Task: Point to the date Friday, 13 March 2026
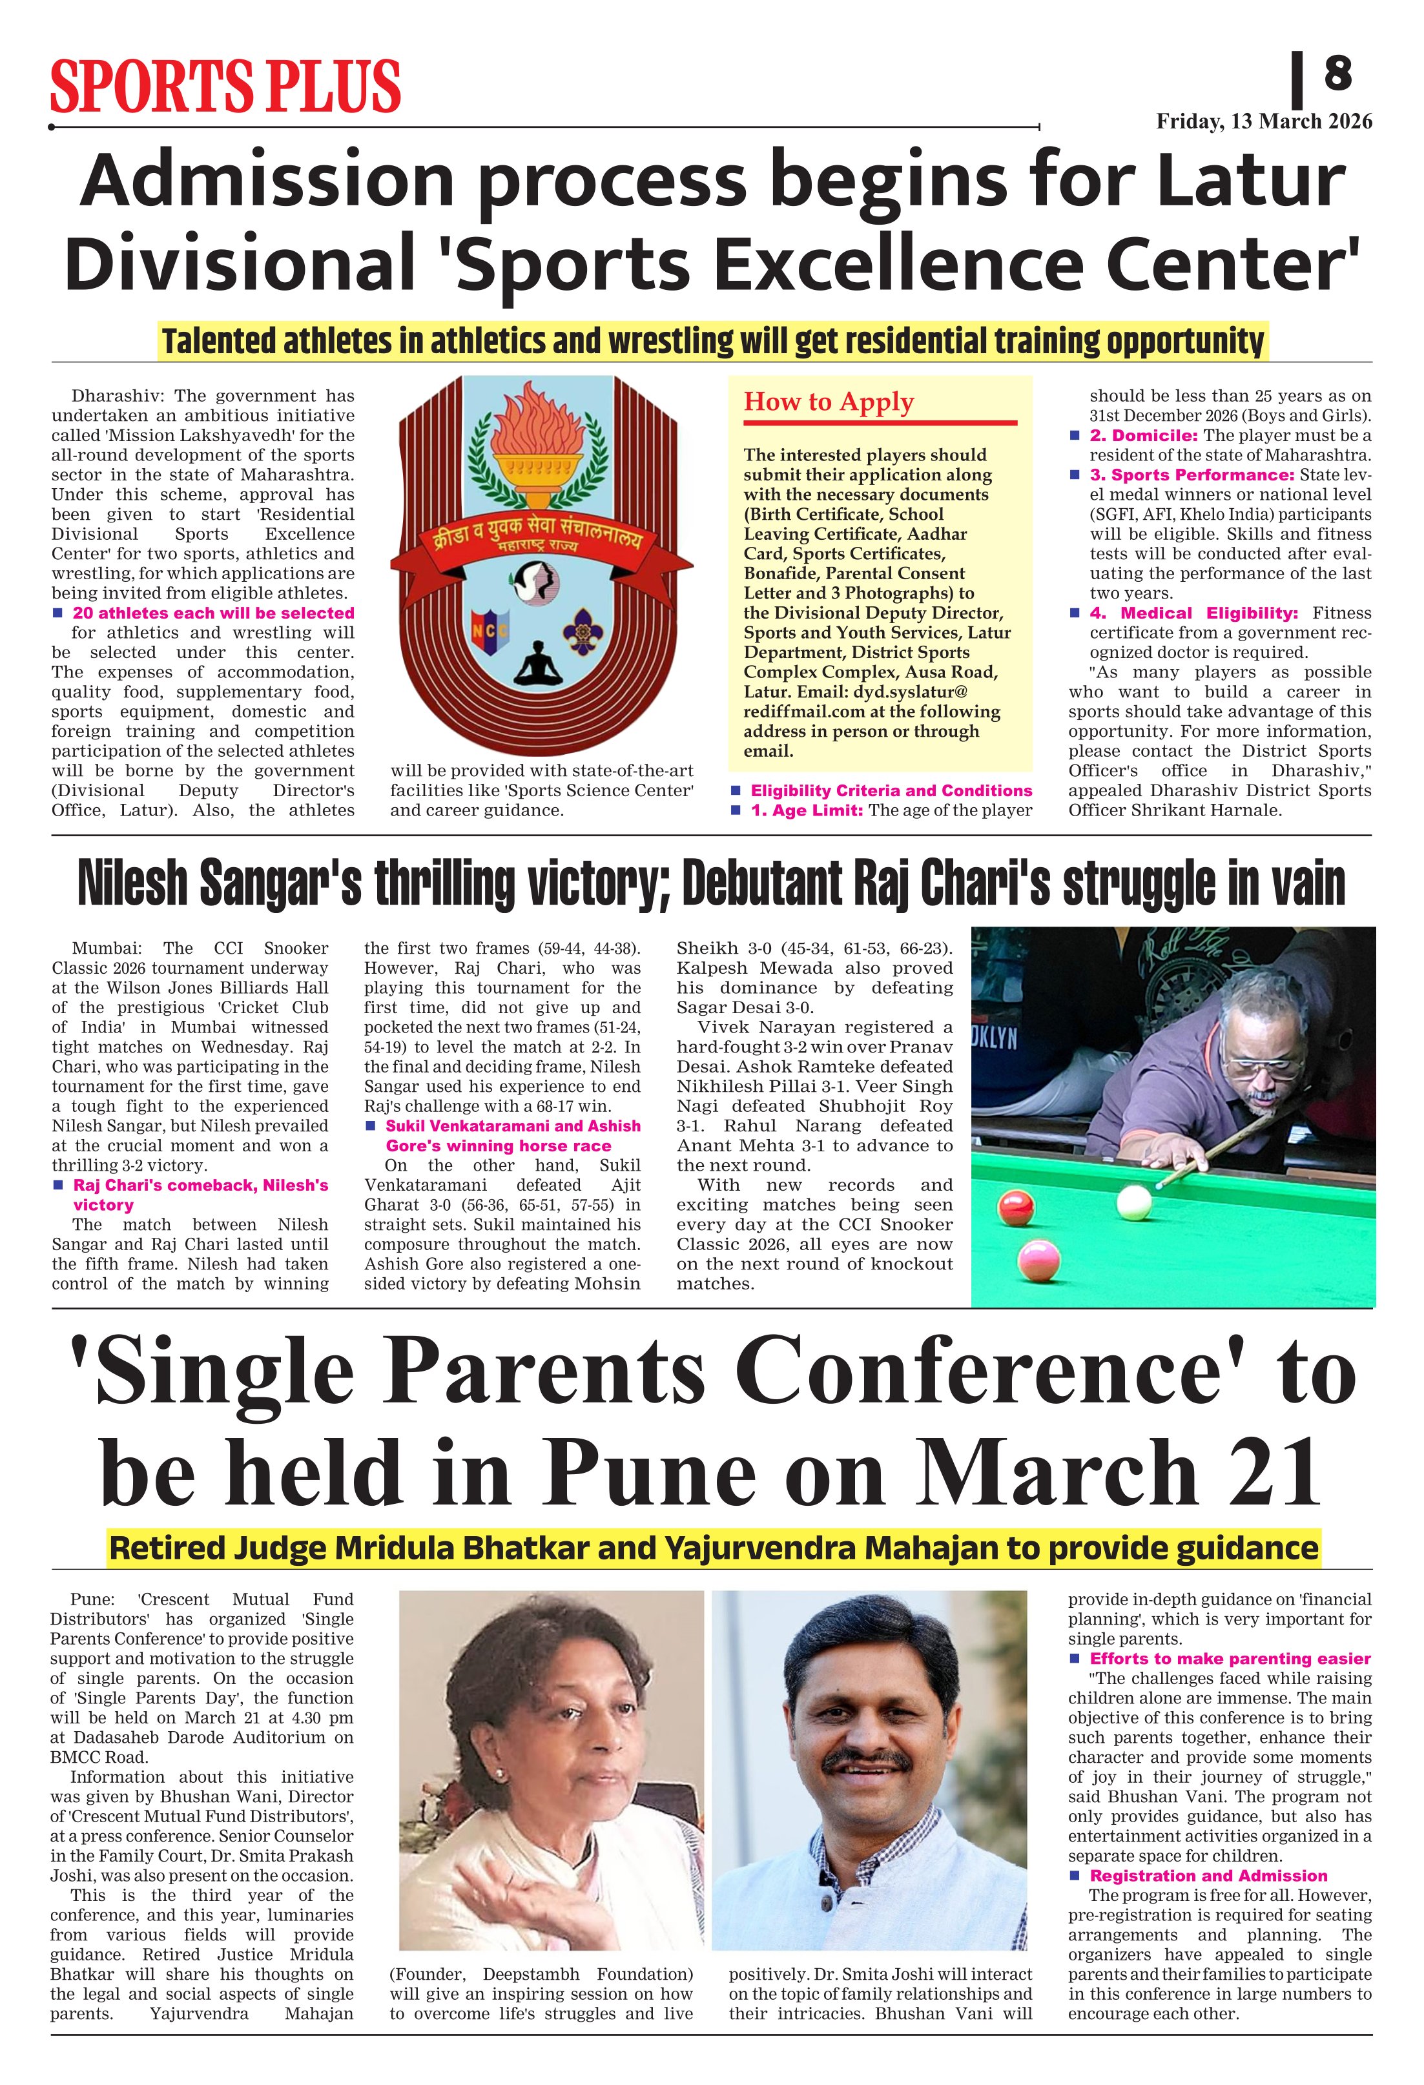[x=1263, y=121]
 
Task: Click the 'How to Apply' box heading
[x=828, y=402]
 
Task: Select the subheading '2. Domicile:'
[x=1145, y=435]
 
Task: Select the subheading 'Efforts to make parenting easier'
[x=1229, y=1658]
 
